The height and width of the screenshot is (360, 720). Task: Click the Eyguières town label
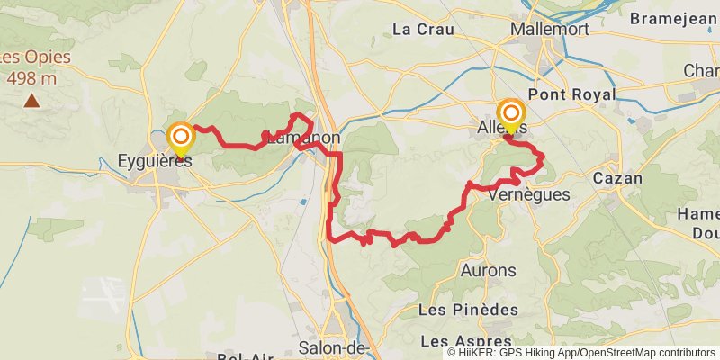click(155, 162)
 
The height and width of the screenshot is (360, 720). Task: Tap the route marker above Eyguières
click(181, 138)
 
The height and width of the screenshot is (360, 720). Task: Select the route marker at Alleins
click(512, 113)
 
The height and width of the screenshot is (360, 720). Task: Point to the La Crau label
click(421, 29)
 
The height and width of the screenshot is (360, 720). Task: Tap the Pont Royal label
click(571, 94)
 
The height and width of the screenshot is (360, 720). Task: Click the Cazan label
click(617, 178)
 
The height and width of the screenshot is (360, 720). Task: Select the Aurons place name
click(488, 270)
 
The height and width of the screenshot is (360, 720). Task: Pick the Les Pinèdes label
click(470, 309)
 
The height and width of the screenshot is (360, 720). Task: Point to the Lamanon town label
click(302, 139)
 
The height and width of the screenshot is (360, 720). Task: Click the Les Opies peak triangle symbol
click(31, 100)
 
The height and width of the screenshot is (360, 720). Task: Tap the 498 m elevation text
click(31, 78)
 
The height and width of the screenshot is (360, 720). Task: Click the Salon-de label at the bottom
click(334, 348)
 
